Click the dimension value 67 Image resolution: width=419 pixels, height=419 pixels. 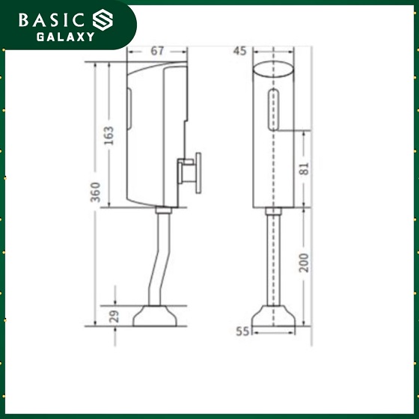(x=157, y=51)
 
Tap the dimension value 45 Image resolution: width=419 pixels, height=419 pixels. (x=239, y=51)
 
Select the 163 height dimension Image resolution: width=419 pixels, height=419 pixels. (x=108, y=135)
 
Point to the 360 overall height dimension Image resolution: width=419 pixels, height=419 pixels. (x=96, y=192)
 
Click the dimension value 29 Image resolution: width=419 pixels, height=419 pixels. (x=114, y=316)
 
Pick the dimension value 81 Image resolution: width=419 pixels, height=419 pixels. (x=304, y=168)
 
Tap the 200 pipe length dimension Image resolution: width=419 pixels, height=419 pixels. (x=304, y=263)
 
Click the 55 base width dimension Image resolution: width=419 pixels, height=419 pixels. (x=242, y=331)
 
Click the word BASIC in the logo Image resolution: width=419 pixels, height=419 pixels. (x=52, y=20)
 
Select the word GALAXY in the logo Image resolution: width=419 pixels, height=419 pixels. (x=66, y=37)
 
